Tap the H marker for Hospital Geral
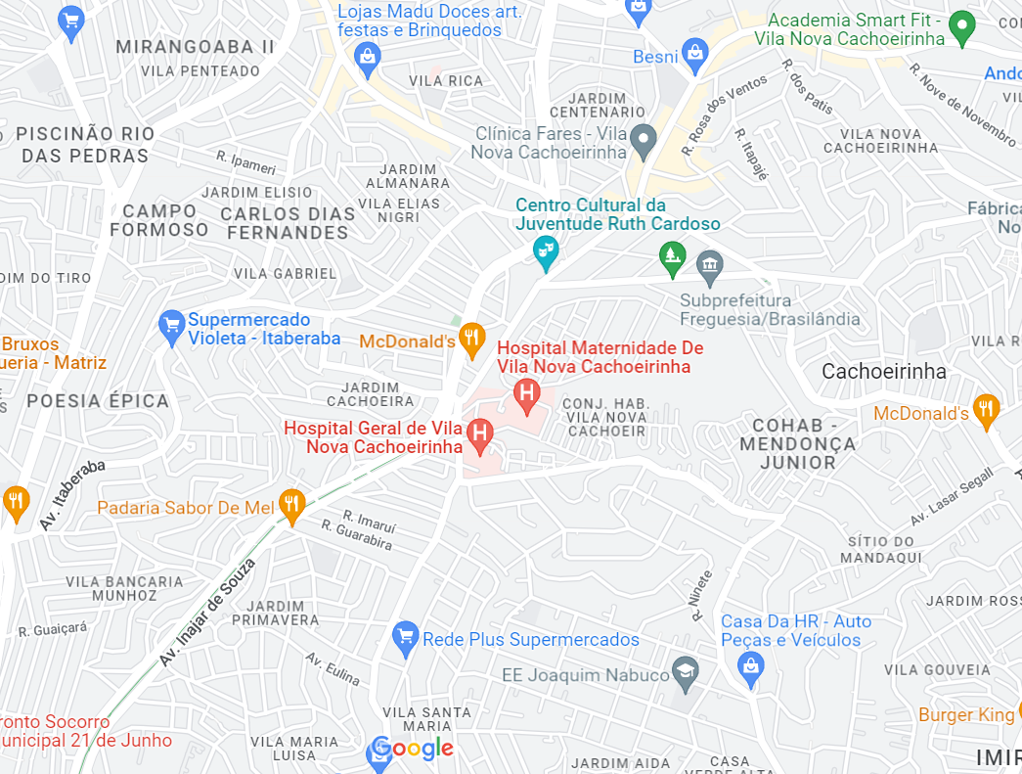pos(479,433)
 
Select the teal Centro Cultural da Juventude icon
pos(546,252)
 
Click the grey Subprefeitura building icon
pos(709,264)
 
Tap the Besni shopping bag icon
pos(695,55)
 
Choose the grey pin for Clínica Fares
pos(643,141)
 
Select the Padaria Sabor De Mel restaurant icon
pos(291,506)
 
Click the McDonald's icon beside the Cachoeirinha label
pos(986,411)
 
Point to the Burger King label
pos(966,715)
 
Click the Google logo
pos(412,750)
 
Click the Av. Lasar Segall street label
pos(952,497)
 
